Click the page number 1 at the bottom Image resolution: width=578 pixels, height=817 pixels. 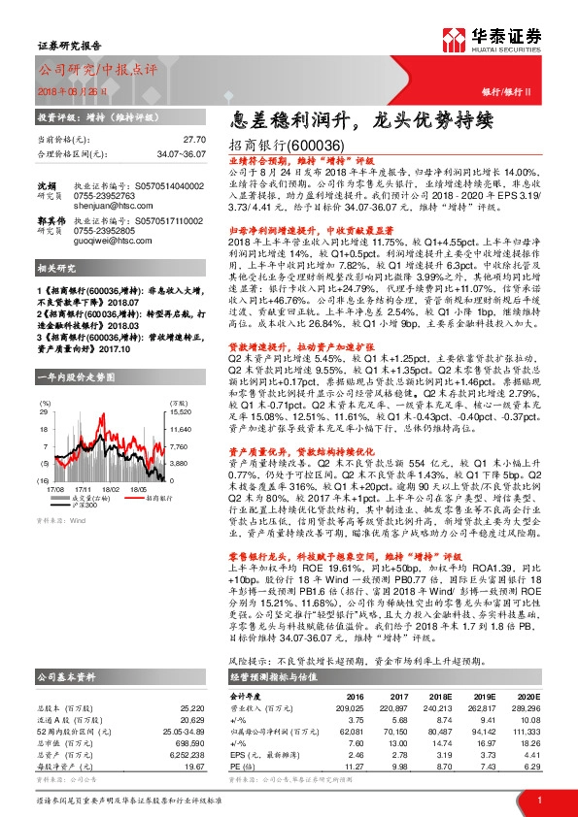(x=538, y=799)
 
